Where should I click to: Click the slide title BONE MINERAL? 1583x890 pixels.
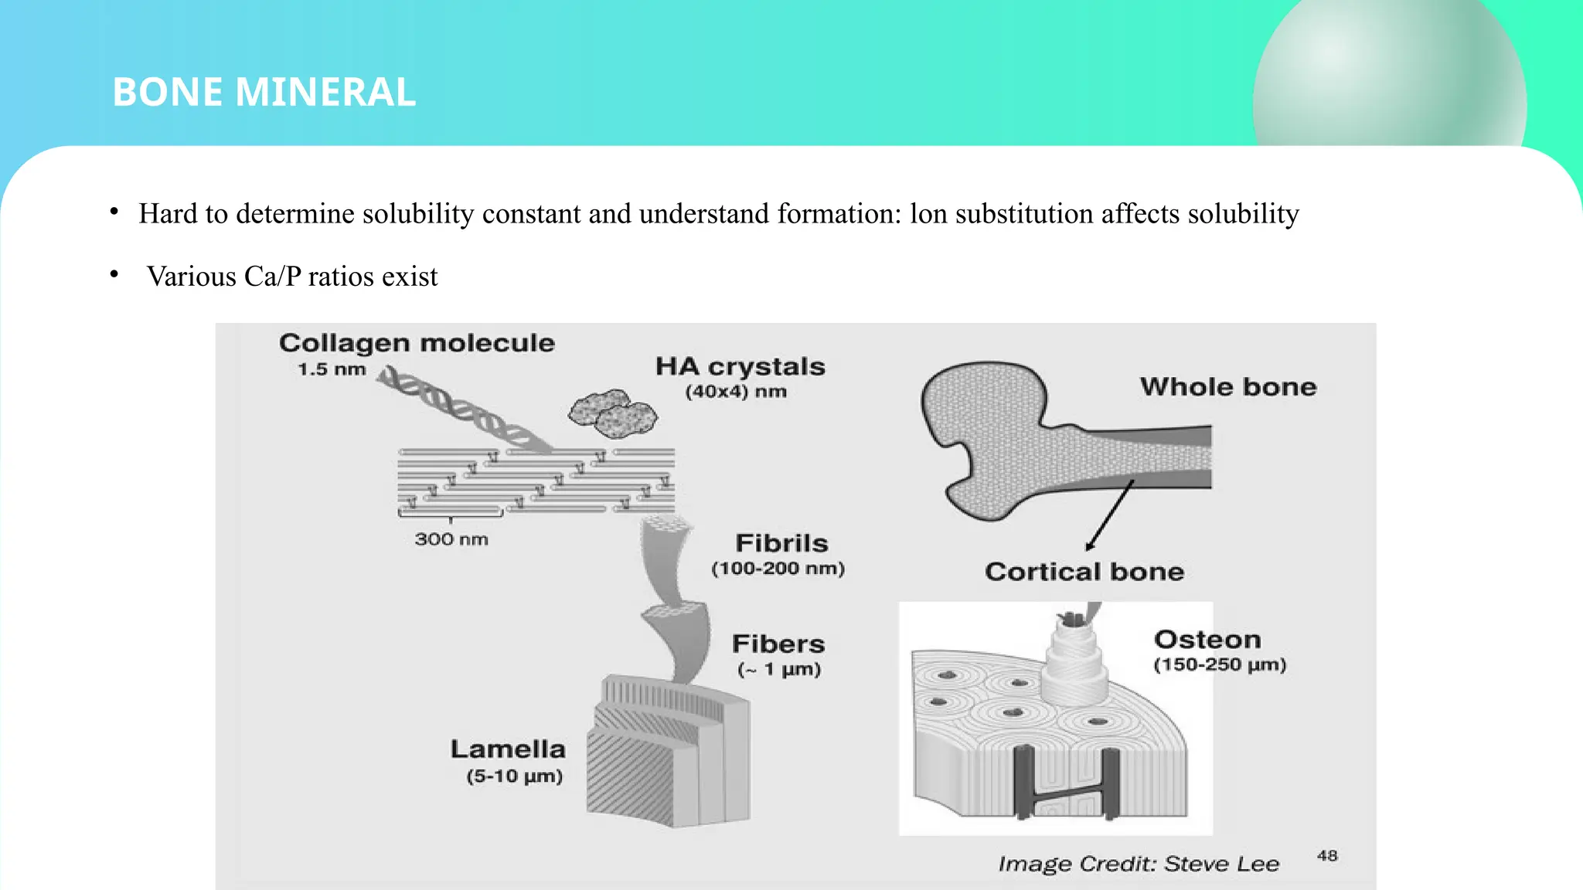tap(264, 92)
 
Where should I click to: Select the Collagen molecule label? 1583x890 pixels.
tap(417, 343)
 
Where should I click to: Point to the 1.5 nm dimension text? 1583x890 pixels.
tap(332, 369)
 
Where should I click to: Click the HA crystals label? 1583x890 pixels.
tap(740, 366)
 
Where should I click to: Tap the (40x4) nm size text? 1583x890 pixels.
tap(735, 392)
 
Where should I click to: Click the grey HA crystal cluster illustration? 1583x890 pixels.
tap(612, 413)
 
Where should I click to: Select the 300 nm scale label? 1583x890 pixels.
tap(451, 539)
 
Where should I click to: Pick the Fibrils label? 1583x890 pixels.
tap(781, 543)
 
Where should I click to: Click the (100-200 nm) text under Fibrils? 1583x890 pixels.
tap(778, 569)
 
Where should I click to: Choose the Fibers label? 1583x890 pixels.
tap(778, 644)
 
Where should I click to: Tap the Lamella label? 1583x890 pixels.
tap(508, 749)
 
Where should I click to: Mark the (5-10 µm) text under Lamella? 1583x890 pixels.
tap(514, 776)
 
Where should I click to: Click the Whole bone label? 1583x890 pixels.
tap(1227, 386)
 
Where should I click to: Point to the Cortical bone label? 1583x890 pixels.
tap(1084, 572)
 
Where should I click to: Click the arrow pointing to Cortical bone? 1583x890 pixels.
tap(1110, 515)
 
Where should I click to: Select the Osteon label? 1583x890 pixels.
tap(1207, 640)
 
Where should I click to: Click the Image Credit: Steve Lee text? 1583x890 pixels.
tap(1138, 864)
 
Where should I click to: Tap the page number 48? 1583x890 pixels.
tap(1327, 855)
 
